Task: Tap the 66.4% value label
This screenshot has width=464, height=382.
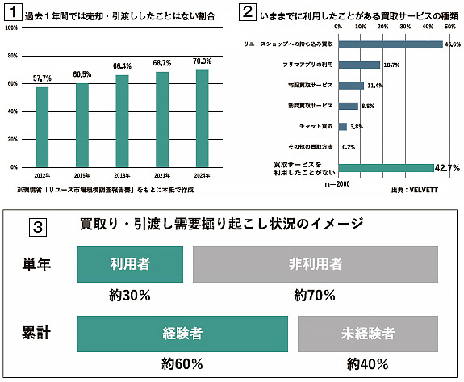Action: coord(122,66)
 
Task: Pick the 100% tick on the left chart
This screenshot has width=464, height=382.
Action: coord(12,28)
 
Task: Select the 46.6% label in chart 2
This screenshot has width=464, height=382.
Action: coord(451,44)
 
